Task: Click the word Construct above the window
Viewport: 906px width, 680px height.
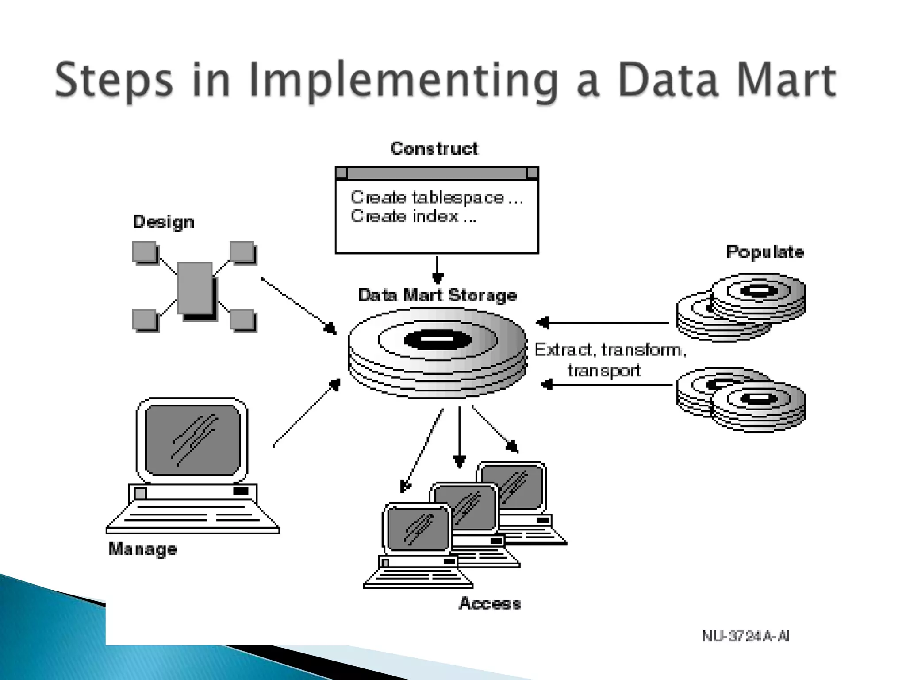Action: point(434,148)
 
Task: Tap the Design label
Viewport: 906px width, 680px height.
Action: point(163,222)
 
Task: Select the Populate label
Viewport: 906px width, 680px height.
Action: point(765,252)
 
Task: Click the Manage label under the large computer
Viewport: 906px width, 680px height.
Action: point(143,549)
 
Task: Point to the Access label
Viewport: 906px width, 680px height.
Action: point(490,603)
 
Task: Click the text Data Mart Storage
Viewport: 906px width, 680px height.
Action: point(438,295)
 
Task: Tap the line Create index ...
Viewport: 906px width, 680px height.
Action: point(413,216)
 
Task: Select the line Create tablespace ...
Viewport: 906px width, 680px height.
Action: point(436,197)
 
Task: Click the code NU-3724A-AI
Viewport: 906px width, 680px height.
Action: point(745,636)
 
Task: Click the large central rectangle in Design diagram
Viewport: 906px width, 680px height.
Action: point(195,288)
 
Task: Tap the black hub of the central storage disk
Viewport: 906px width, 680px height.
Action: point(438,340)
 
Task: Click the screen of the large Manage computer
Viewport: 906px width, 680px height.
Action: point(192,440)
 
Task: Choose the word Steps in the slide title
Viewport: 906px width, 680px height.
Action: point(114,81)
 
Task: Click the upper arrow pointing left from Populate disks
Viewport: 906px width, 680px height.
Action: point(602,323)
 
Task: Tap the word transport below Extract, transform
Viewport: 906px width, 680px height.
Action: point(604,370)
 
